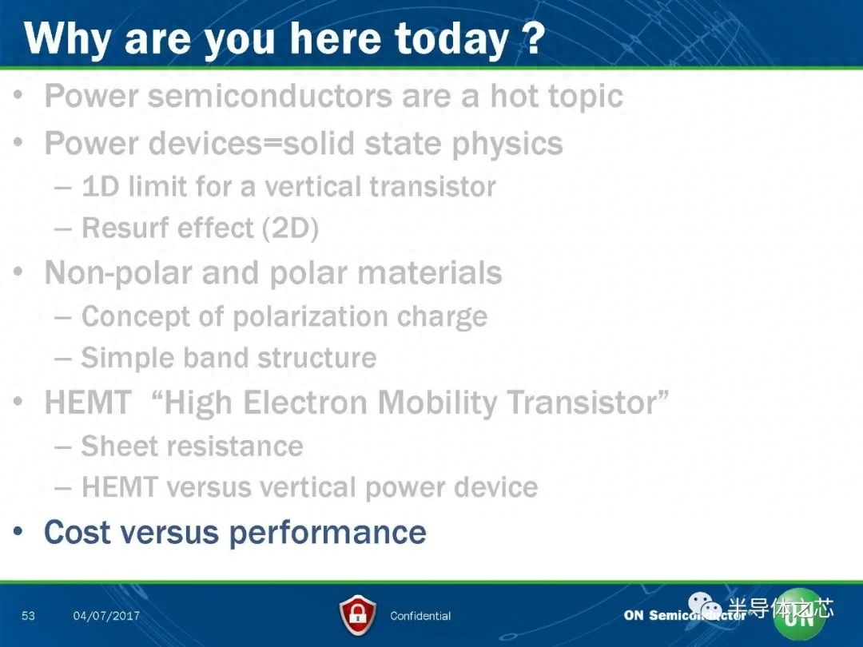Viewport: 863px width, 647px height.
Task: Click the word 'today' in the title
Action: click(x=451, y=40)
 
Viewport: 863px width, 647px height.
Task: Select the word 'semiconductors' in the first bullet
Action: click(x=270, y=96)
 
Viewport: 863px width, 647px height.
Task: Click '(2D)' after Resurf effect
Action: click(x=290, y=228)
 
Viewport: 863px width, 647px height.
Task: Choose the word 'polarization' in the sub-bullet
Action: click(x=310, y=317)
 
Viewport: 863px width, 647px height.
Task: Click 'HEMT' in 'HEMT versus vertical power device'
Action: click(x=119, y=487)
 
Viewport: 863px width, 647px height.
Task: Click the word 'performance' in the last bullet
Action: click(x=328, y=534)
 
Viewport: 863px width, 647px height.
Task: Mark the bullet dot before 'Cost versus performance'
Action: click(x=18, y=531)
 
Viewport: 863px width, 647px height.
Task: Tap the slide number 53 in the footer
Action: click(x=28, y=616)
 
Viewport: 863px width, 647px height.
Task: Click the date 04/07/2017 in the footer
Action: click(x=106, y=616)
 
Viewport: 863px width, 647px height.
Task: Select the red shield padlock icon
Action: click(x=358, y=615)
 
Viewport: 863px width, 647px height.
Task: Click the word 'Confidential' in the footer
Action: click(x=420, y=616)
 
